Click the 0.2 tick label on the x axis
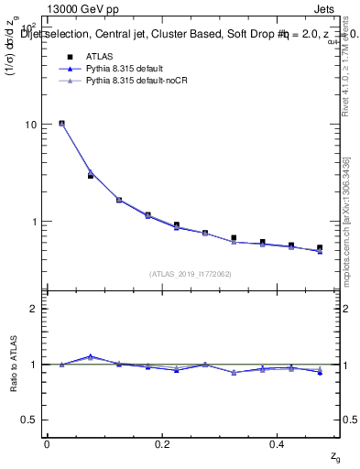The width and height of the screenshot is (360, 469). click(162, 444)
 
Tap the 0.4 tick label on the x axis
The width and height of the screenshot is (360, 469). click(277, 444)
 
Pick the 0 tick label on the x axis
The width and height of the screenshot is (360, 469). click(47, 444)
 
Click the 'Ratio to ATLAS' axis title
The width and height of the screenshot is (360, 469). click(12, 365)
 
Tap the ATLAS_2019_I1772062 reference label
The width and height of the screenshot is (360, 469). click(191, 273)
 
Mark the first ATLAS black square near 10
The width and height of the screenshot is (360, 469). click(61, 123)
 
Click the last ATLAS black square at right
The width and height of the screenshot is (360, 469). click(320, 247)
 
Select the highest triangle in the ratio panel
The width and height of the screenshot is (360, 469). click(90, 356)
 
